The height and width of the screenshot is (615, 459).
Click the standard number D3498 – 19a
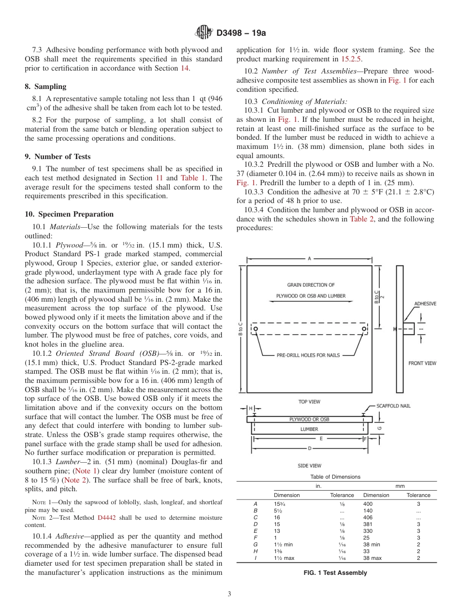coord(241,33)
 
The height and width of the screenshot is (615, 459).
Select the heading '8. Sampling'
coord(45,87)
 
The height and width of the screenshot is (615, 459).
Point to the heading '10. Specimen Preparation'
coord(69,214)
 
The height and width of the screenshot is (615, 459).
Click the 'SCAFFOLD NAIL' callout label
coord(393,406)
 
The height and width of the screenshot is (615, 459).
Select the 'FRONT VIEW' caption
coord(422,363)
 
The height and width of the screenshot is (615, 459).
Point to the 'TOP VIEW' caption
coord(309,402)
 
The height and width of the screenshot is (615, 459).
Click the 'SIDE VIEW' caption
coord(309,466)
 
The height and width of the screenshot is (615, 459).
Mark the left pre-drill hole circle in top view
coord(256,329)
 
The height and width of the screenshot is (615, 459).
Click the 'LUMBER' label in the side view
coord(309,429)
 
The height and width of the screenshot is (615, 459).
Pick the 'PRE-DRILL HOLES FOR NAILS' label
coord(308,355)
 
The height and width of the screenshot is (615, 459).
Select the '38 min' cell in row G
coord(372,544)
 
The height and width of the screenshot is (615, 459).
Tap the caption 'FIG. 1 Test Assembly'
coord(336,573)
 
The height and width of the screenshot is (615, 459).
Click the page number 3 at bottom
coord(229,594)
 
